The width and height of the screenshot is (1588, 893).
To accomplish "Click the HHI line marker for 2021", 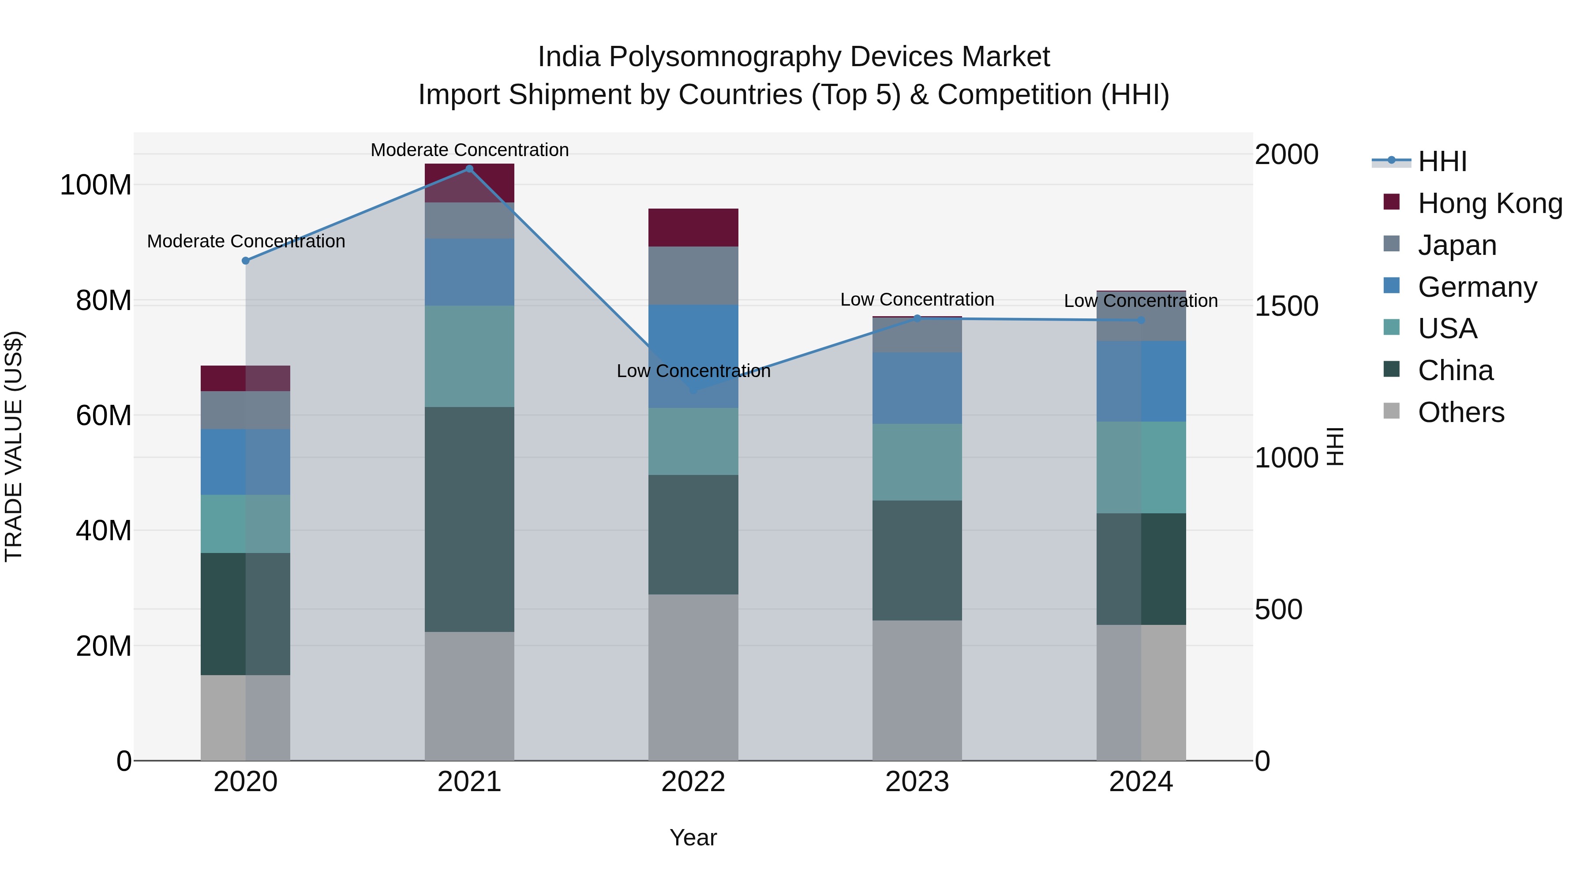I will (469, 169).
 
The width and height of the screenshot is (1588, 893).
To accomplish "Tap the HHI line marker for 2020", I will (245, 261).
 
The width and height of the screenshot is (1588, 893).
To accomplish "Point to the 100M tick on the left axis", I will (96, 185).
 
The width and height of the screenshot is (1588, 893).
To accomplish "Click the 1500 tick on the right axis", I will (1287, 306).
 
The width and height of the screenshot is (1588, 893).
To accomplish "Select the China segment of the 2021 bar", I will (469, 519).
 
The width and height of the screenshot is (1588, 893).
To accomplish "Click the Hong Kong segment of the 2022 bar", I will (693, 228).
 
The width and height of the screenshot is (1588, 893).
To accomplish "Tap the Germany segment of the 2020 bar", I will (245, 462).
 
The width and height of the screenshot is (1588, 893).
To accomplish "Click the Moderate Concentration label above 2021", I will (469, 150).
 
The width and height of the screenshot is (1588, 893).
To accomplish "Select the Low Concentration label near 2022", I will (693, 371).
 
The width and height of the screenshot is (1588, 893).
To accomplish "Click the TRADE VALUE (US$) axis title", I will (14, 446).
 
